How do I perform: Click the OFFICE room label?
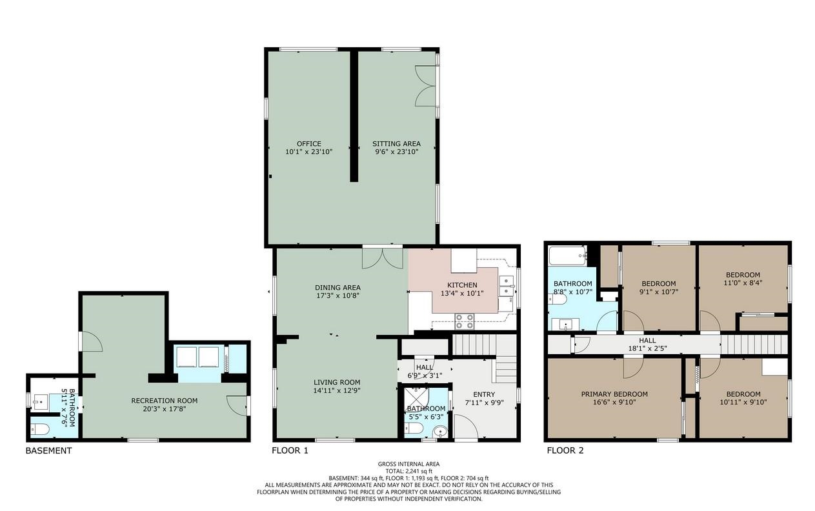[x=308, y=144]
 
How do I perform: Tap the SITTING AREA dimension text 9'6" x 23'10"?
[x=396, y=152]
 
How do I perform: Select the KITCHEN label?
[x=463, y=285]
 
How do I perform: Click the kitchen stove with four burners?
[x=465, y=317]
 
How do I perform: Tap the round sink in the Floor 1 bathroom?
[x=440, y=431]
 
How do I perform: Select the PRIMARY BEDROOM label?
[x=614, y=394]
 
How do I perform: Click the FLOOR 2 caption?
[x=565, y=451]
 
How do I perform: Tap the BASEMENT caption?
[x=48, y=451]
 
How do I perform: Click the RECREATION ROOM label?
[x=164, y=400]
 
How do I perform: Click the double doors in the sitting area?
[x=427, y=86]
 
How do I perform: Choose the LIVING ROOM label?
[x=337, y=381]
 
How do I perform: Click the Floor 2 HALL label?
[x=647, y=340]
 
